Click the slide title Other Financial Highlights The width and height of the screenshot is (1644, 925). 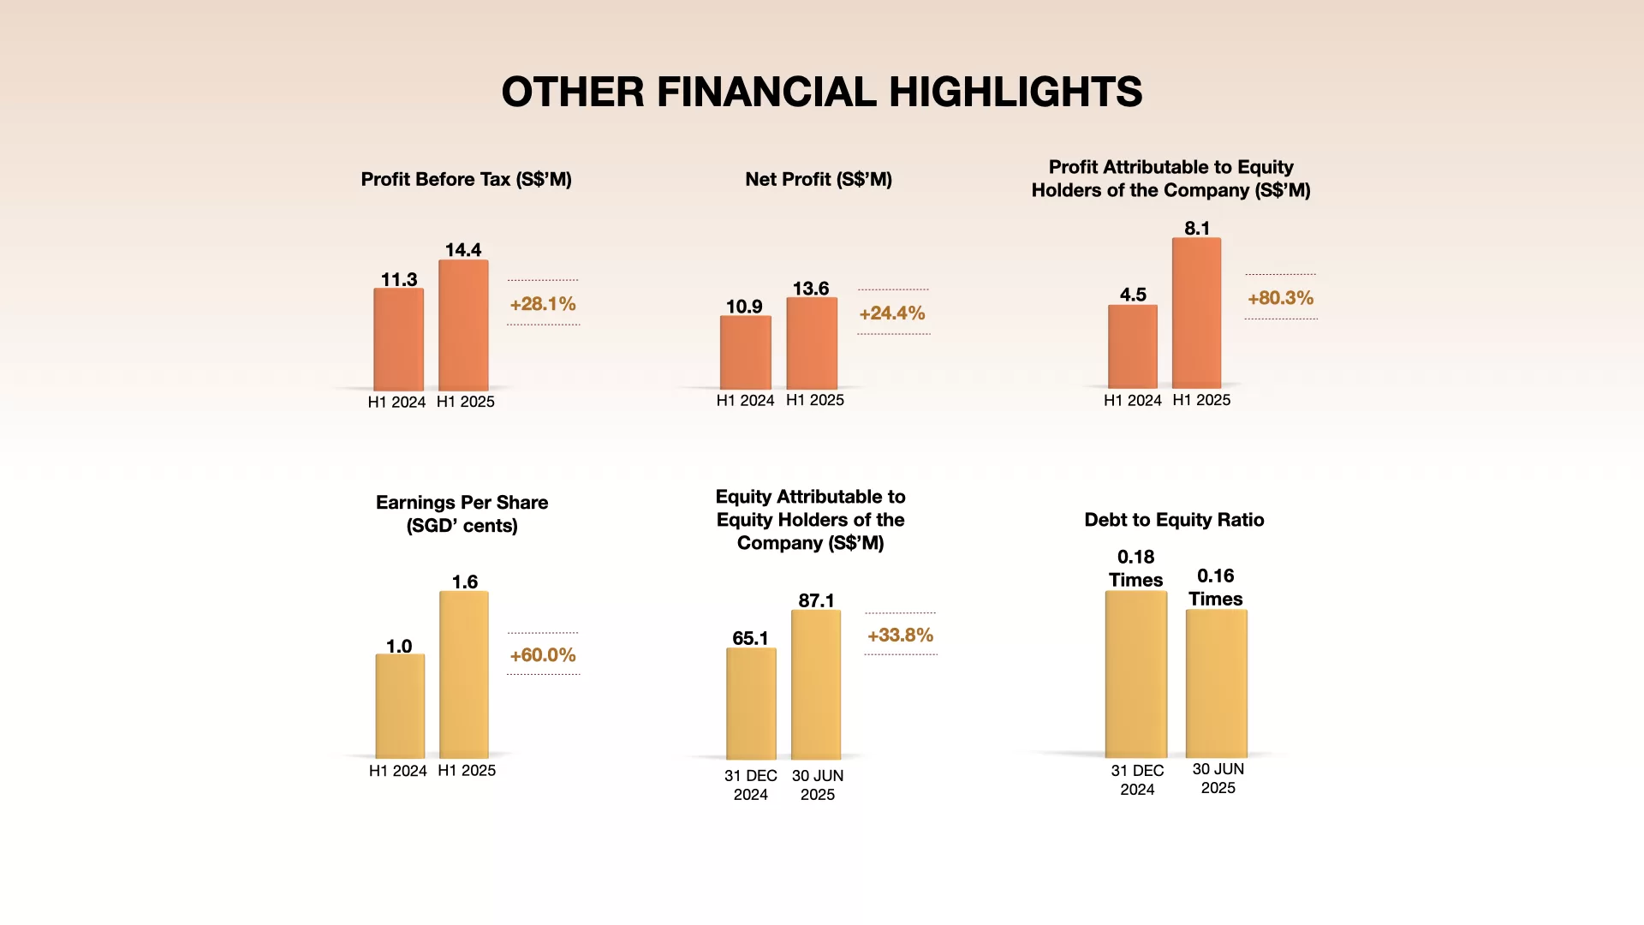821,92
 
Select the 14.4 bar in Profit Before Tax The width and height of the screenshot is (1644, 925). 463,325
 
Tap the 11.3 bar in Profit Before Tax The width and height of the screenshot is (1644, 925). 398,339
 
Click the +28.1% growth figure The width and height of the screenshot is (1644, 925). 543,304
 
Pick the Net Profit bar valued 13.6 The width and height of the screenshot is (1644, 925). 812,343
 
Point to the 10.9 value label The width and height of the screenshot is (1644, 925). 744,307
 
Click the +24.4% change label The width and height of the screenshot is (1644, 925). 892,313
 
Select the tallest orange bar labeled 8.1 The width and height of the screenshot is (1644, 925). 1196,313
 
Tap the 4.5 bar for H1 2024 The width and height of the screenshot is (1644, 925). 1132,346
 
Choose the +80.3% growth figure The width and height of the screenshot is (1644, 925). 1280,298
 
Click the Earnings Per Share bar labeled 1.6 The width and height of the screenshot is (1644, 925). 464,674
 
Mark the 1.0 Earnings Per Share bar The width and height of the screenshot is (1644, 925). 400,706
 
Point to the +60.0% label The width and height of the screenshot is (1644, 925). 543,655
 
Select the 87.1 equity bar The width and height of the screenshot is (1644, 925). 816,684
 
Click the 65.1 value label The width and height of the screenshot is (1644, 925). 750,638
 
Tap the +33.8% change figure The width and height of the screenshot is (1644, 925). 900,636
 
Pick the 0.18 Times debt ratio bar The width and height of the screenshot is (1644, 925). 1135,674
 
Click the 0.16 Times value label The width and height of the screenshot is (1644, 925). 1216,588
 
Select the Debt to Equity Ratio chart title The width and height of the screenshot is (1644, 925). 1174,520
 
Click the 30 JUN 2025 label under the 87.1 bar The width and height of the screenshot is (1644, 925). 818,785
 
